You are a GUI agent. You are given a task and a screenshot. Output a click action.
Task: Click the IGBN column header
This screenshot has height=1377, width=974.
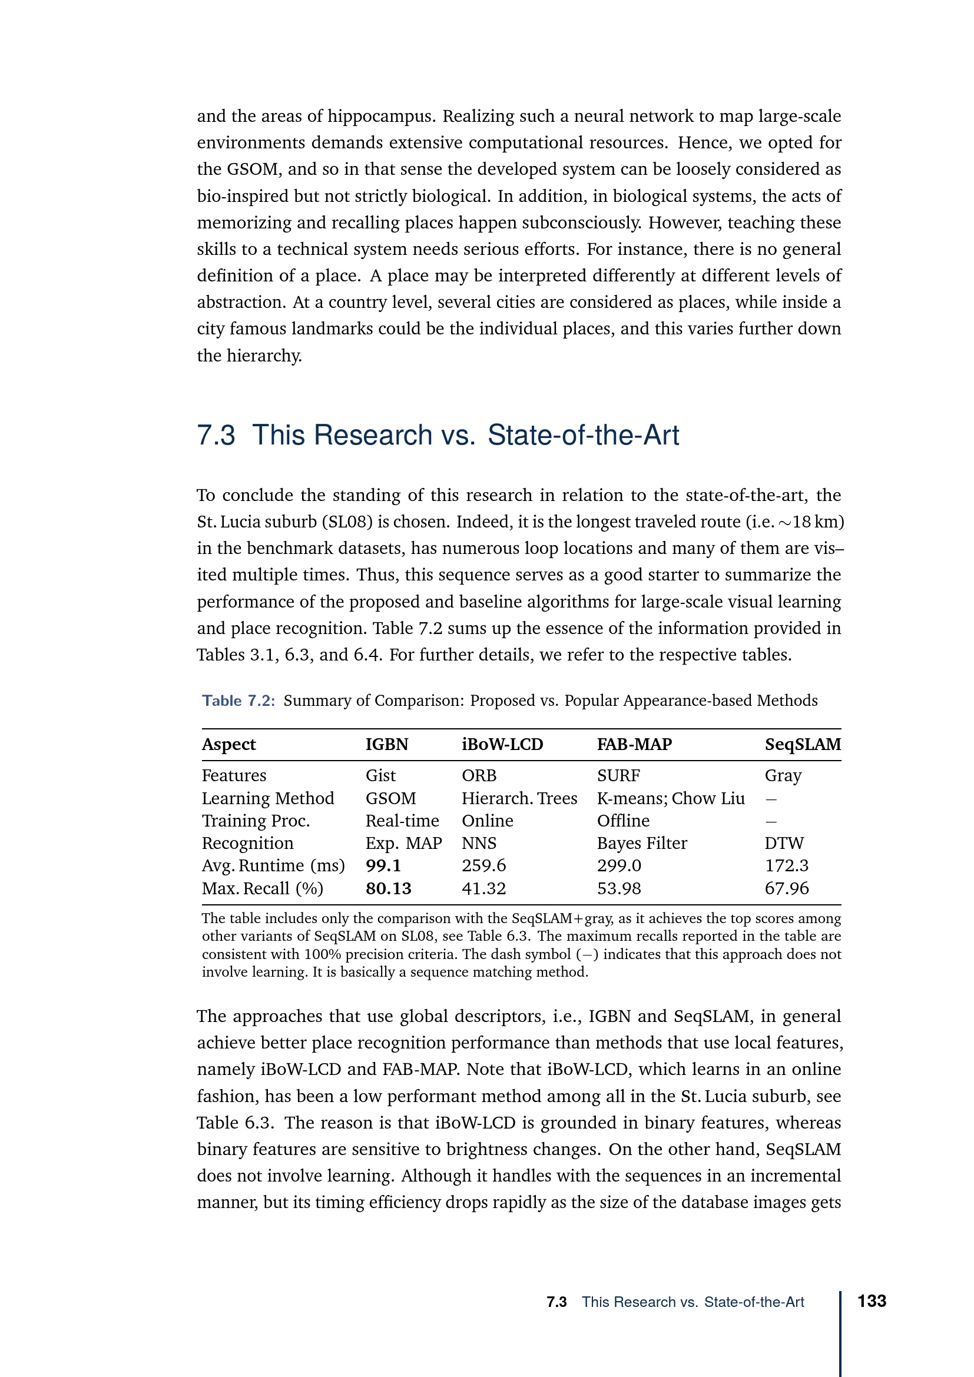(x=387, y=744)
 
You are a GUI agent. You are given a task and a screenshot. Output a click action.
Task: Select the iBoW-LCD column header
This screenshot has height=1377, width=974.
(x=502, y=744)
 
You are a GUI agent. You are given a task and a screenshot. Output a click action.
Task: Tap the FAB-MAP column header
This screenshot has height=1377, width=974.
(x=634, y=744)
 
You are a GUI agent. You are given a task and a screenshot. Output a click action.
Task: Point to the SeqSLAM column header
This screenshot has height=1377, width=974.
(x=803, y=744)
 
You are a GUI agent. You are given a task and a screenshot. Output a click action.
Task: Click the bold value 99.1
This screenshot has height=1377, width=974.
(x=383, y=865)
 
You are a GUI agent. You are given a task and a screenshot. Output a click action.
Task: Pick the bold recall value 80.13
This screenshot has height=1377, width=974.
(x=388, y=888)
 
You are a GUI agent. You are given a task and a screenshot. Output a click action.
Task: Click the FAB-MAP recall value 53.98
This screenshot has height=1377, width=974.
(x=618, y=888)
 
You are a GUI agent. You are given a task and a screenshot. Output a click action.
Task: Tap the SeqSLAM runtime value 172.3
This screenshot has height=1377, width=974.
(x=786, y=865)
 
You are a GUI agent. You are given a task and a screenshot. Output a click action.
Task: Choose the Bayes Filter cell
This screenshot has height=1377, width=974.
(x=642, y=843)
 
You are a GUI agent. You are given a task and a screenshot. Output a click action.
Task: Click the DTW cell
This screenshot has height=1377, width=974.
(x=784, y=843)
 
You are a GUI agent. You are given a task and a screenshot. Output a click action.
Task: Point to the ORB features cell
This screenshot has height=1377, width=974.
(x=479, y=775)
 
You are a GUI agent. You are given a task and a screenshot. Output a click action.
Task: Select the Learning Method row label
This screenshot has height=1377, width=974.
(x=267, y=798)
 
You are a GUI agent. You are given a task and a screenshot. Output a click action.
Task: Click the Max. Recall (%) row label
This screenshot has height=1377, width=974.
(x=262, y=888)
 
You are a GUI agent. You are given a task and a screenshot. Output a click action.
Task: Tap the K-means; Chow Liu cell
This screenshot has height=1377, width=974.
(x=671, y=798)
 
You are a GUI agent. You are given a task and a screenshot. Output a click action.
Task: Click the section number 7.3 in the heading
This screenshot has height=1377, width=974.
(x=216, y=436)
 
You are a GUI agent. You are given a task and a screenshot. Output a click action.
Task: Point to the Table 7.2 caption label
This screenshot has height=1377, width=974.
(x=238, y=701)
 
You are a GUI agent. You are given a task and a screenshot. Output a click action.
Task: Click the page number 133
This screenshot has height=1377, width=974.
(x=872, y=1301)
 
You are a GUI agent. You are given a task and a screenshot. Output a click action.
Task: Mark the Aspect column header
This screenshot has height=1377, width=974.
(x=228, y=744)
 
